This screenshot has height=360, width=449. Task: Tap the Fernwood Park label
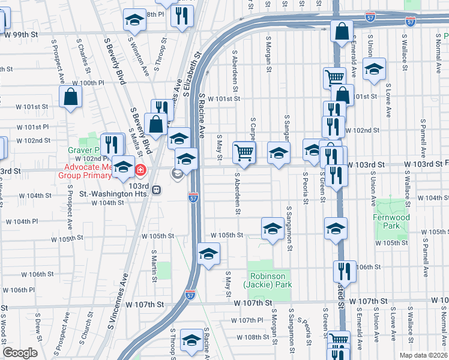click(x=394, y=222)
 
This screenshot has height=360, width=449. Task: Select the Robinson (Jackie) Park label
click(x=270, y=280)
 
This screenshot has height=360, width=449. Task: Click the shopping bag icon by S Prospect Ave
click(x=71, y=97)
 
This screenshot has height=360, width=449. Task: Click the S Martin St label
click(x=154, y=265)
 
